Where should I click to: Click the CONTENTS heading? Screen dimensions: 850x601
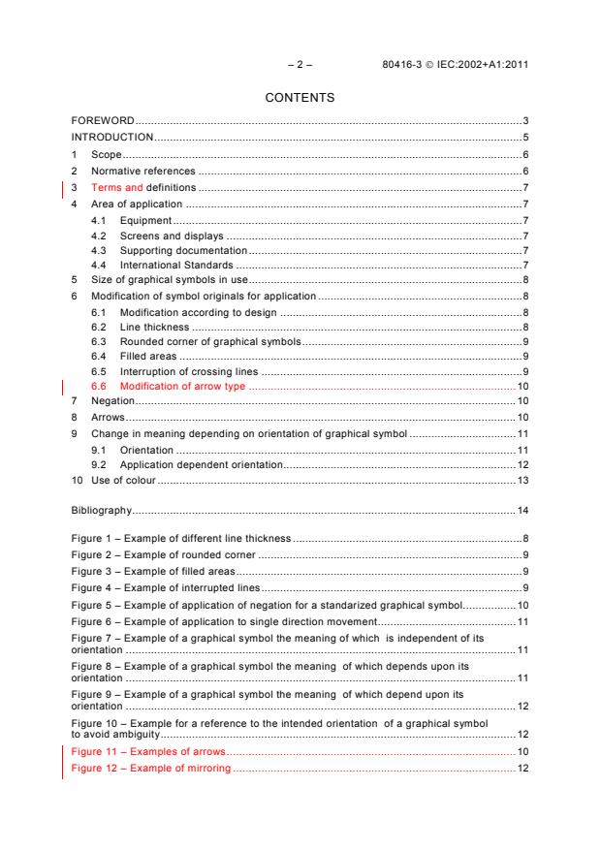pyautogui.click(x=300, y=97)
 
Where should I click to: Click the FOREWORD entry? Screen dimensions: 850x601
pyautogui.click(x=102, y=120)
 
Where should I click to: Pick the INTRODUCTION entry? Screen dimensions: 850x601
pyautogui.click(x=112, y=137)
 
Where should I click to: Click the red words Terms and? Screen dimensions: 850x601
pyautogui.click(x=116, y=187)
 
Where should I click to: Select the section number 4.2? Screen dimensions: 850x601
pyautogui.click(x=98, y=237)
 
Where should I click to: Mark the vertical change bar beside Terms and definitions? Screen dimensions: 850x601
pyautogui.click(x=63, y=188)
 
